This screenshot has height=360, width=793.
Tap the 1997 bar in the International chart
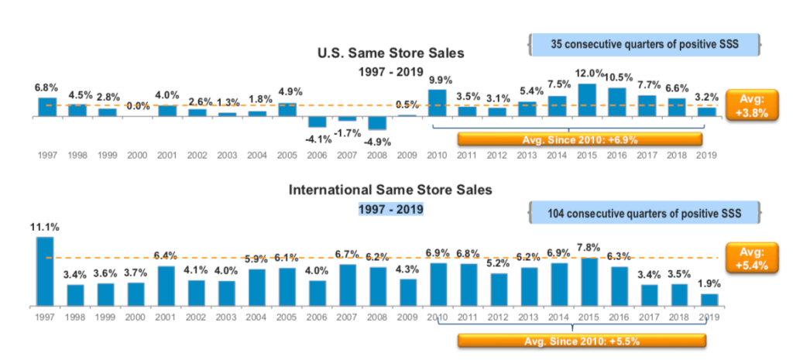(46, 271)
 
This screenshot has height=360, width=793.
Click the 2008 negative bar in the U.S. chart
(377, 123)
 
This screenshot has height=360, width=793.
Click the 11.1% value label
(45, 227)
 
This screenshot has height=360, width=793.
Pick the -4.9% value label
(377, 141)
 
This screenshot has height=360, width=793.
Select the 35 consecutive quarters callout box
(644, 44)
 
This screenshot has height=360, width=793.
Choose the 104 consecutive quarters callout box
(644, 213)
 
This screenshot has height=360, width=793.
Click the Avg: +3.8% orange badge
(751, 105)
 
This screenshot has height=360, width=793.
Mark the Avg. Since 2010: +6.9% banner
(580, 140)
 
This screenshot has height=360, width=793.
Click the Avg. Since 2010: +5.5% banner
(580, 341)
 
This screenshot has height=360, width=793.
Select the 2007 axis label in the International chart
(347, 317)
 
